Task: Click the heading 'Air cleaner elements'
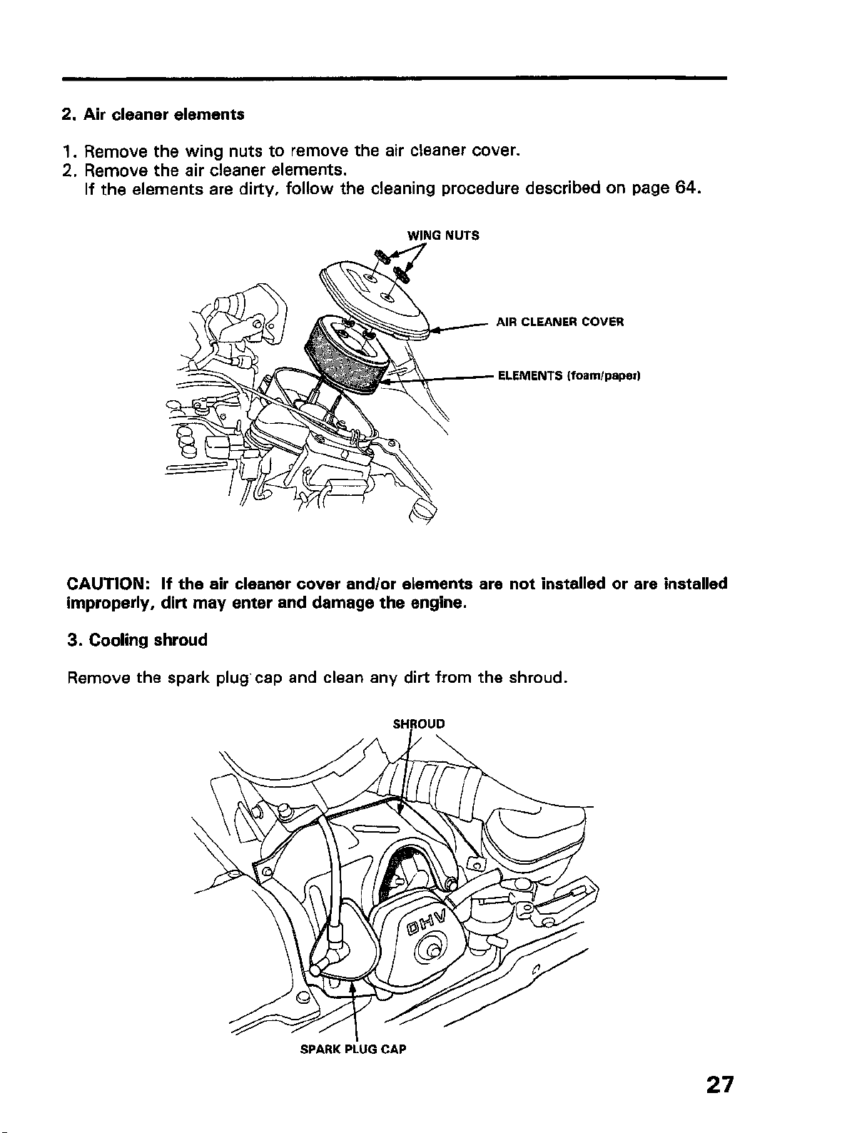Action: (163, 114)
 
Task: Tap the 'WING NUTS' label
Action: (443, 235)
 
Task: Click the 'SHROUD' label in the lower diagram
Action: (419, 723)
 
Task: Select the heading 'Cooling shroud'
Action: (148, 640)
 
